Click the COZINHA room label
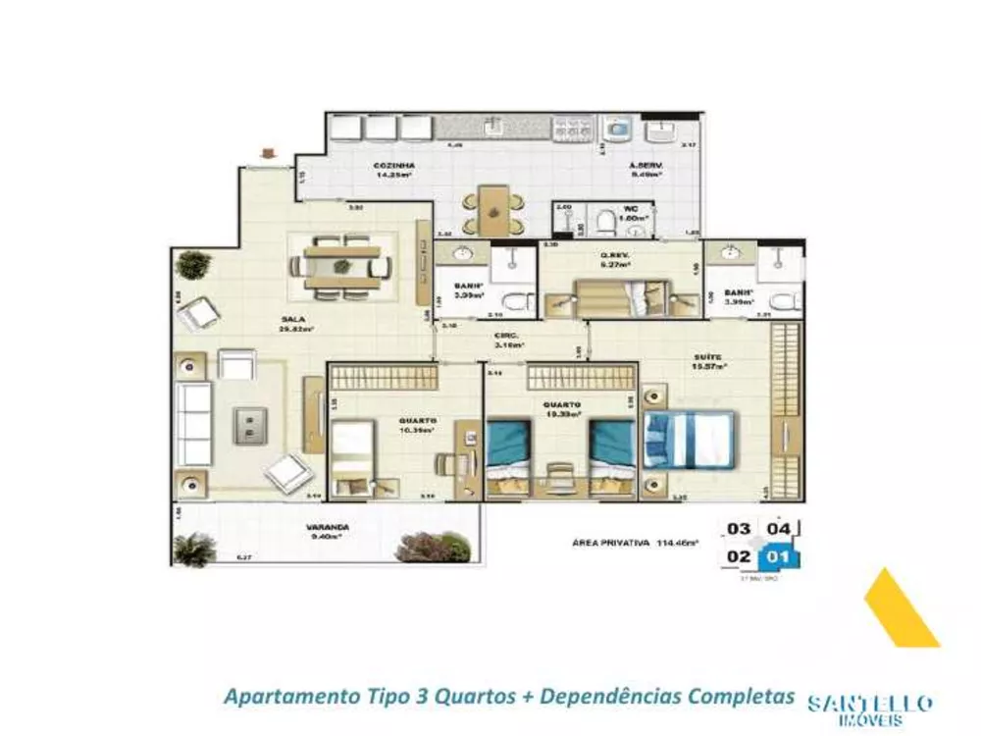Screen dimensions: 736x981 click(391, 166)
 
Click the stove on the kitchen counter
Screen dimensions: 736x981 click(569, 128)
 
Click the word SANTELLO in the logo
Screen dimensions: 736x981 click(869, 704)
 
